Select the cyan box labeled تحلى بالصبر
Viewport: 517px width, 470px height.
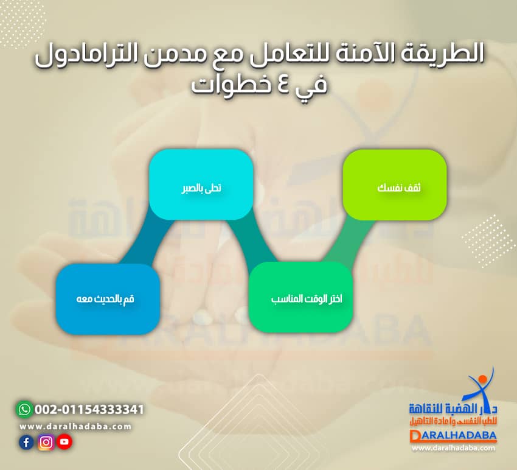coord(201,184)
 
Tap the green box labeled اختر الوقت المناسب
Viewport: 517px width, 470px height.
coord(300,298)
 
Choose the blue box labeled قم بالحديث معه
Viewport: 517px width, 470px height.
coord(108,299)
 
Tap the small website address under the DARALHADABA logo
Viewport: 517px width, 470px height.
coord(453,449)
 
